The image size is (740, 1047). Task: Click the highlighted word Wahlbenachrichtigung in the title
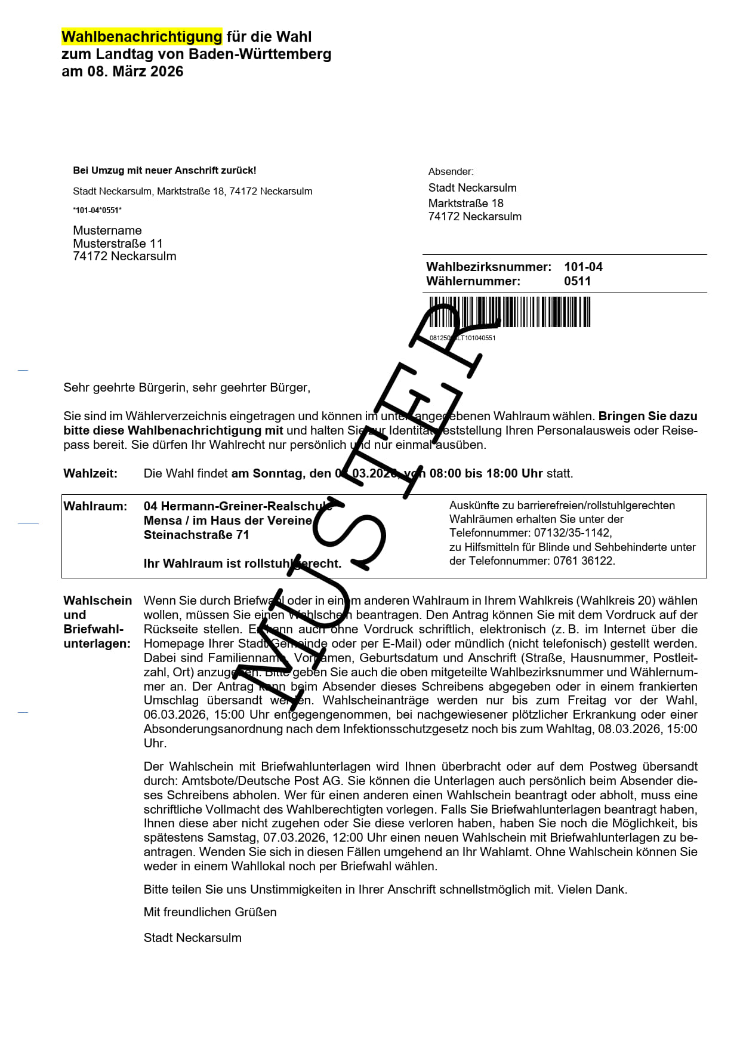pyautogui.click(x=141, y=37)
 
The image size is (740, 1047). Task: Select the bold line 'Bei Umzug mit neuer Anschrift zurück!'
pyautogui.click(x=164, y=171)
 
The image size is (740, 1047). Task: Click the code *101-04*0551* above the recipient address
pyautogui.click(x=97, y=210)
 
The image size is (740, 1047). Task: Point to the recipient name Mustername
pyautogui.click(x=107, y=230)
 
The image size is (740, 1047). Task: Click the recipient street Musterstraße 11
pyautogui.click(x=118, y=244)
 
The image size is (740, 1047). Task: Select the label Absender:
pyautogui.click(x=451, y=172)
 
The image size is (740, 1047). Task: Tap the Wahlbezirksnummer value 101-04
pyautogui.click(x=583, y=267)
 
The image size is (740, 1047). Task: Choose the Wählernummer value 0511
pyautogui.click(x=577, y=281)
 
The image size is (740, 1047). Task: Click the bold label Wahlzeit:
pyautogui.click(x=91, y=473)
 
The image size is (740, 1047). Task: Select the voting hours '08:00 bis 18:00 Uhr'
pyautogui.click(x=486, y=473)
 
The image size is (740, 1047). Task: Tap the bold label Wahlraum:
pyautogui.click(x=95, y=506)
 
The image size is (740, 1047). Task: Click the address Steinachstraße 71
pyautogui.click(x=196, y=535)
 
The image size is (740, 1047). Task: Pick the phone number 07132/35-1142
pyautogui.click(x=572, y=532)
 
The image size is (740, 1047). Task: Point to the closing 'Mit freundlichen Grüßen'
pyautogui.click(x=210, y=912)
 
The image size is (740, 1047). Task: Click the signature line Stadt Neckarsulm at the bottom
pyautogui.click(x=192, y=938)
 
